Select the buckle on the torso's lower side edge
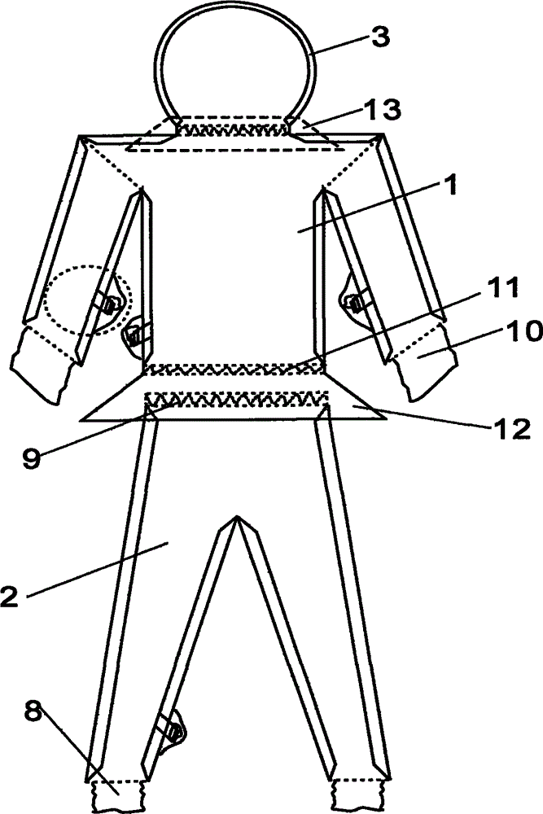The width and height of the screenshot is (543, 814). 134,332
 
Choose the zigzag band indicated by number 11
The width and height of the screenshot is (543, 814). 234,369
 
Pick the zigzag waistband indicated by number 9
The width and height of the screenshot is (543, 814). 236,399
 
